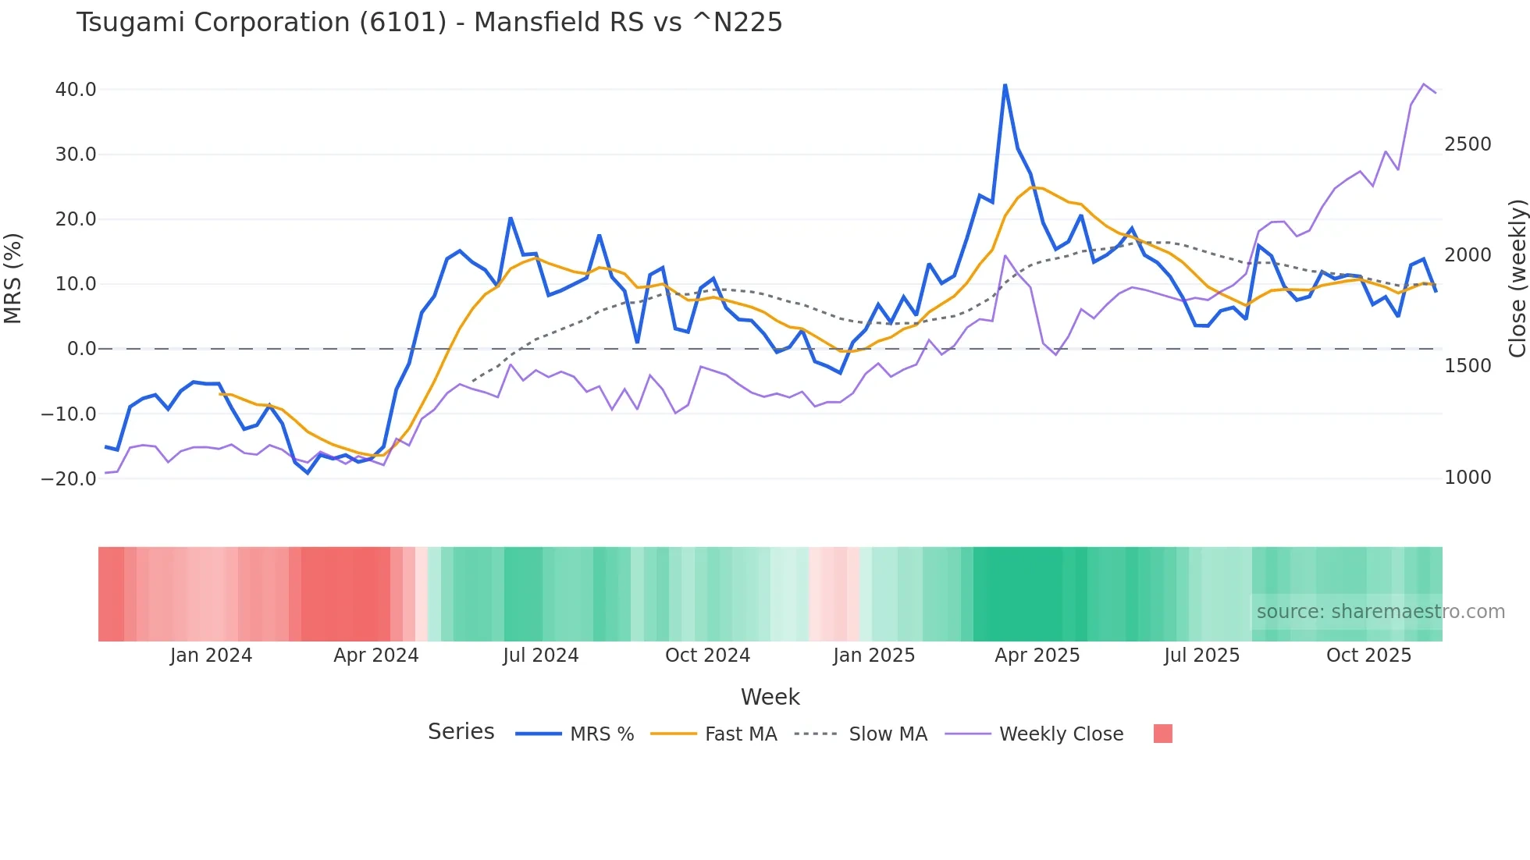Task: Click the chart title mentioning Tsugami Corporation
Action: click(429, 22)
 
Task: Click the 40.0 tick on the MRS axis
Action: click(76, 90)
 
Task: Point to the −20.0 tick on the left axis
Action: click(69, 478)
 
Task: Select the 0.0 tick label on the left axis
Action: click(81, 349)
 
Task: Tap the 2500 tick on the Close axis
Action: click(1468, 144)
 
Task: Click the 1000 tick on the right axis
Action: click(1468, 478)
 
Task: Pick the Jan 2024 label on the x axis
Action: click(211, 656)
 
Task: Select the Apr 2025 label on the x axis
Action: click(1037, 656)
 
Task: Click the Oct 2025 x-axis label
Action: click(1368, 656)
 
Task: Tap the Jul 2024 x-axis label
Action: click(540, 656)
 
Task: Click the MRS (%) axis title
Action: click(12, 278)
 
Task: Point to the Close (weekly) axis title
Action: click(1517, 278)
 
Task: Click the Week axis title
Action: click(770, 697)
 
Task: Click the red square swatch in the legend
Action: click(1162, 734)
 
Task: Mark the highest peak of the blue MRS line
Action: click(1005, 85)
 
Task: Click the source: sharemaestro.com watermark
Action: click(1380, 612)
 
